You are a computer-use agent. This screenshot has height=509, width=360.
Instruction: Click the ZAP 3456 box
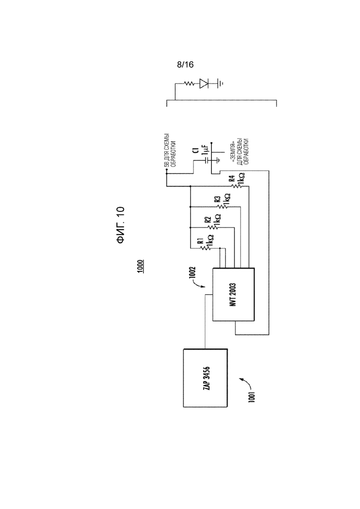205,378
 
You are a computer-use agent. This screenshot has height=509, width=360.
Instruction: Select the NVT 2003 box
234,294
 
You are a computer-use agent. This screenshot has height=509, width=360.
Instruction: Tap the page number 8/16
186,65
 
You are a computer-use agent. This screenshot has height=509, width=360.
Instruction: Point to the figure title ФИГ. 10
120,225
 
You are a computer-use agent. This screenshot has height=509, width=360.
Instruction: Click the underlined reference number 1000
140,266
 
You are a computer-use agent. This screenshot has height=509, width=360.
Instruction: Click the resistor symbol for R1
205,248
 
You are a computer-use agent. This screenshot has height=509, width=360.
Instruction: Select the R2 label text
208,220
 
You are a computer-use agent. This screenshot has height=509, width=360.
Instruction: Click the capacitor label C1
195,150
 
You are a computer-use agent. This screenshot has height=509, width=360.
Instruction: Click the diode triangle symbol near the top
204,84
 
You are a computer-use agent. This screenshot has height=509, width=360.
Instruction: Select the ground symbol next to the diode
220,84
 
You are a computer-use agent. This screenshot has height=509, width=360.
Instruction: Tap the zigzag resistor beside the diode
189,84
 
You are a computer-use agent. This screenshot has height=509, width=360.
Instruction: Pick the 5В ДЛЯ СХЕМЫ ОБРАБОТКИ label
169,150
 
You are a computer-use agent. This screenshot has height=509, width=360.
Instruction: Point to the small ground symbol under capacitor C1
218,160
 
